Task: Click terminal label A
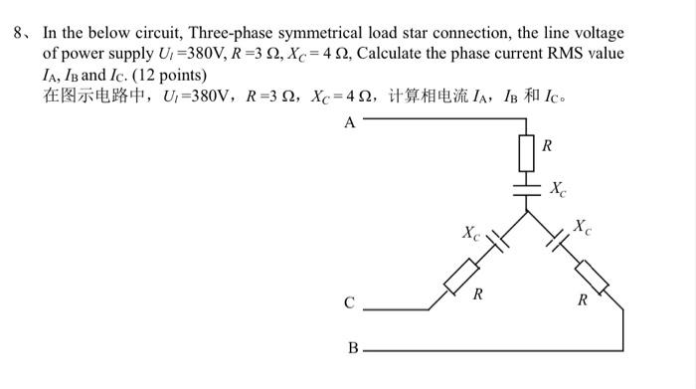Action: click(x=349, y=123)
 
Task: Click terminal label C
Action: click(x=349, y=303)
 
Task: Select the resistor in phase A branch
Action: click(x=527, y=152)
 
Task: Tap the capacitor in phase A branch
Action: click(x=527, y=188)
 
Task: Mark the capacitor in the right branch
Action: click(x=555, y=241)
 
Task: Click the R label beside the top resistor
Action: click(x=548, y=145)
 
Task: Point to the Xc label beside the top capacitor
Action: click(x=560, y=188)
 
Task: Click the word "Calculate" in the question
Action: click(x=390, y=53)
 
